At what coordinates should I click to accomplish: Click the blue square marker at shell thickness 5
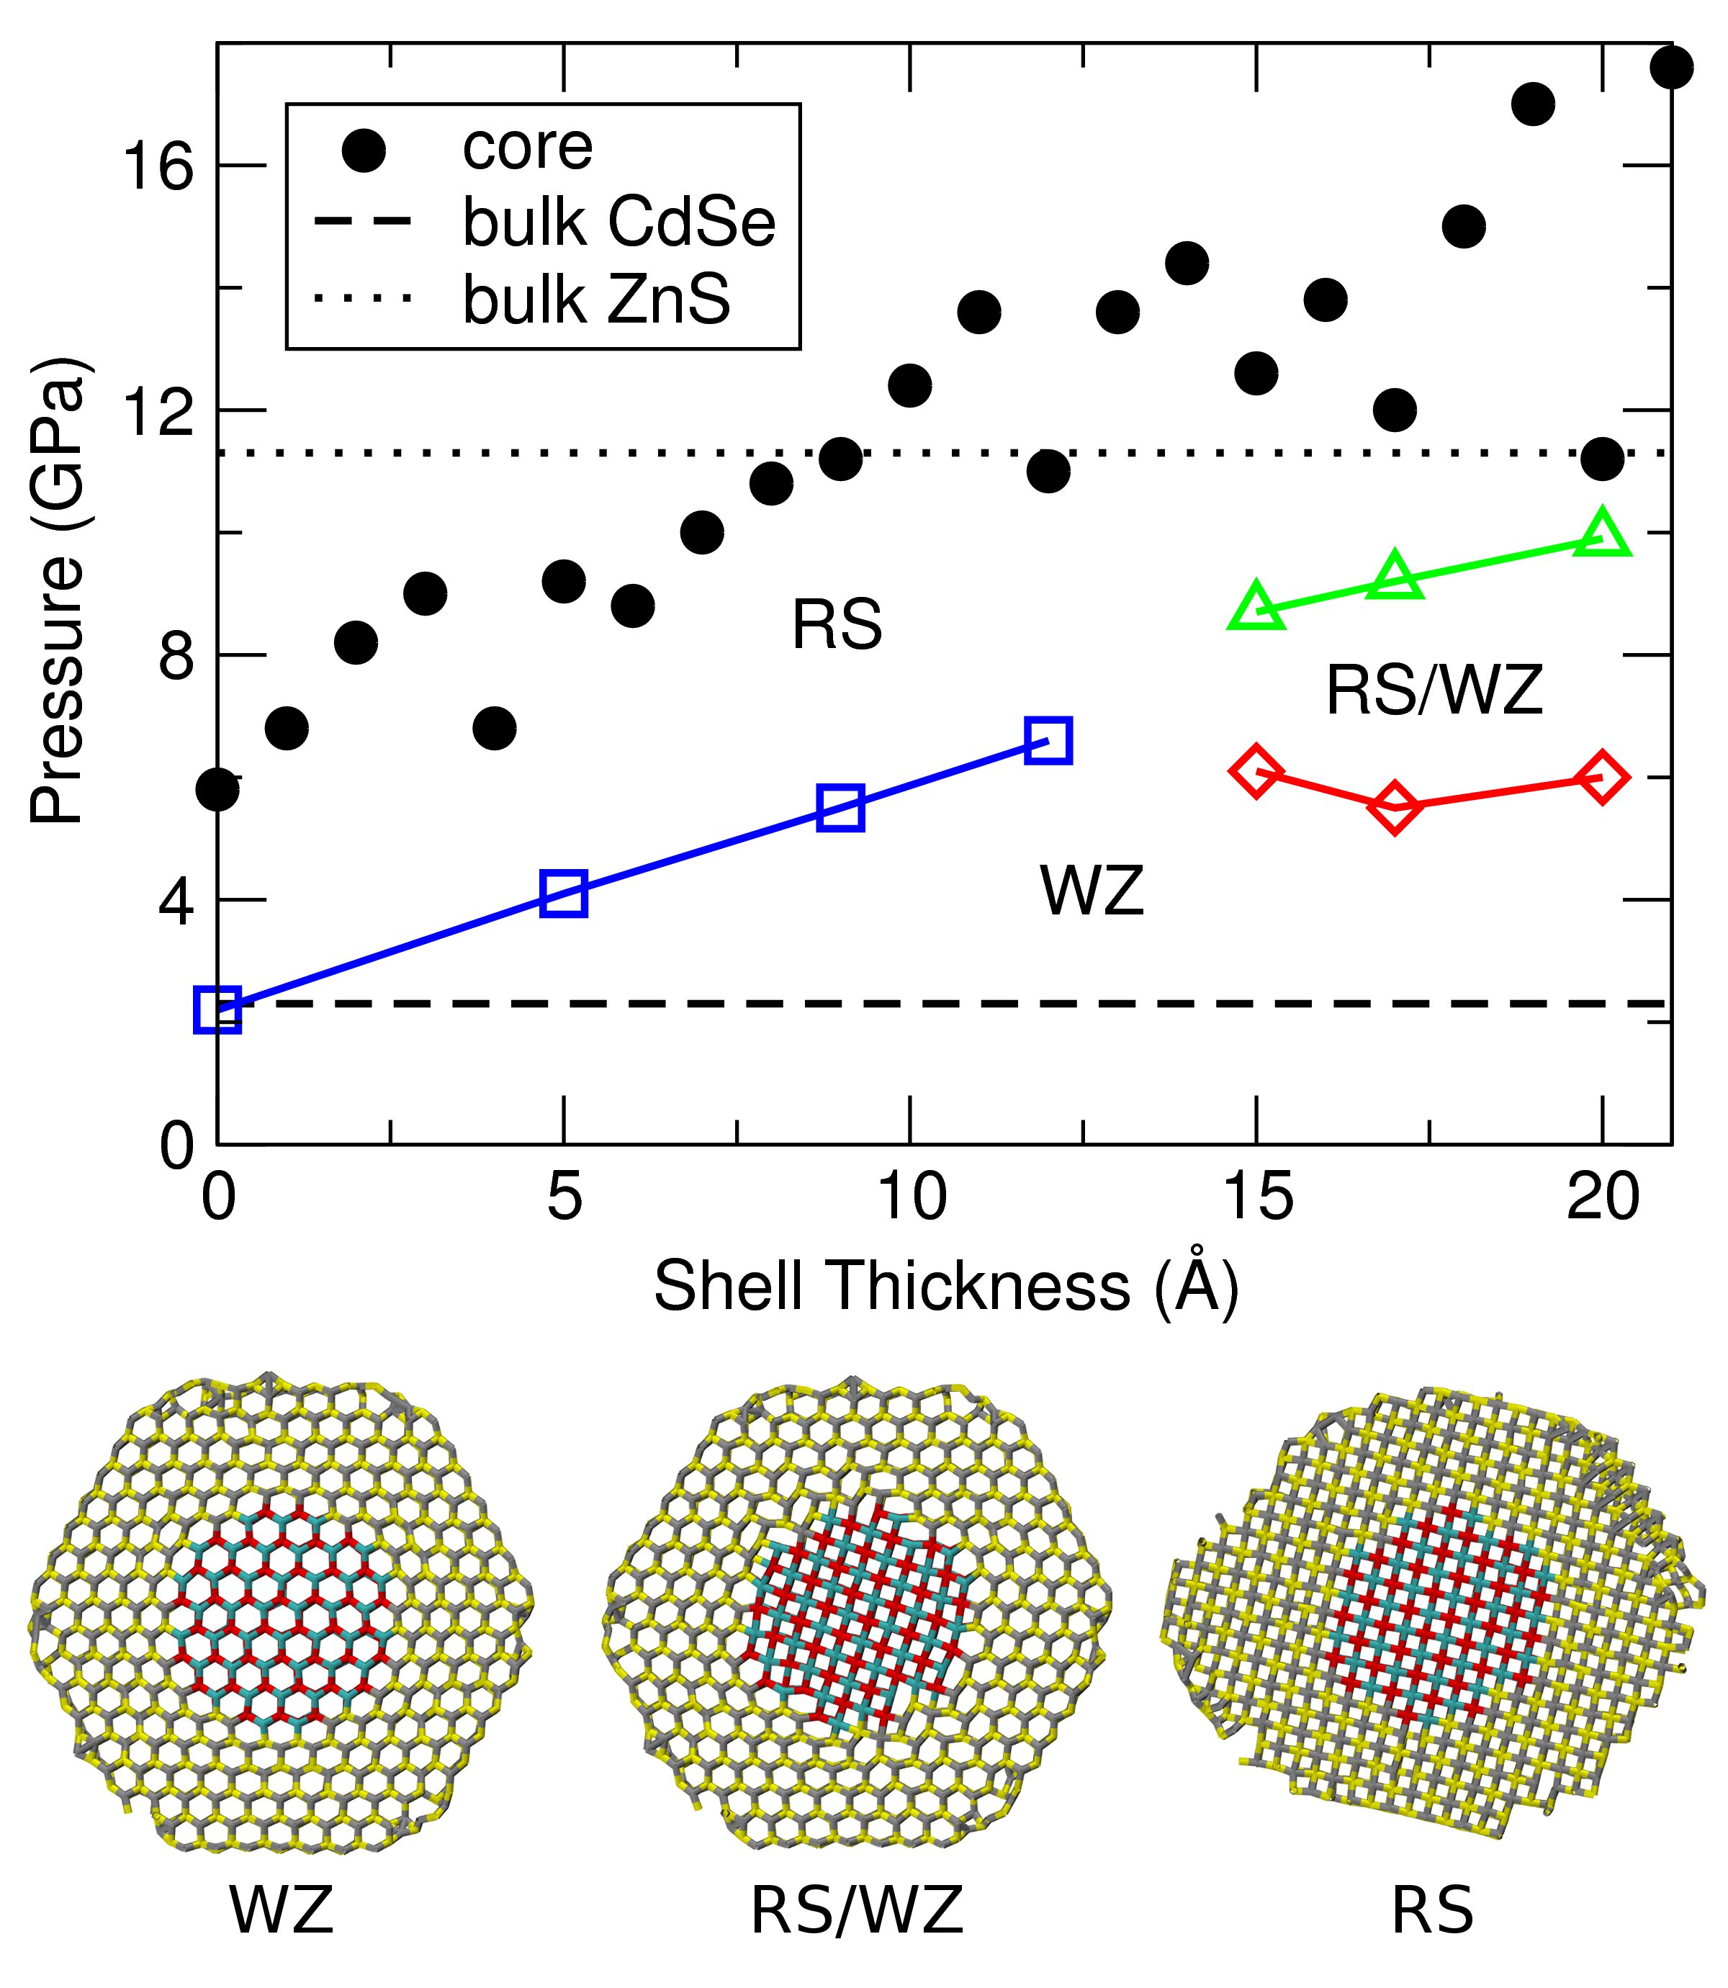pos(564,893)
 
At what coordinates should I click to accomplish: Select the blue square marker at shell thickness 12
pos(1048,740)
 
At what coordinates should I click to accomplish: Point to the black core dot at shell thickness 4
pos(495,727)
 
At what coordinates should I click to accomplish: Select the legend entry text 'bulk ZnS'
pos(596,300)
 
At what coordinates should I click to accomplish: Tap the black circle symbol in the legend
pos(364,150)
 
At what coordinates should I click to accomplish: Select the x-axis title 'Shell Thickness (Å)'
pos(945,1286)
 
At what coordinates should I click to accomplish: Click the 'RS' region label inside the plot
pos(836,625)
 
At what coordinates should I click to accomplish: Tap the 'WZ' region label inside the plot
pos(1092,891)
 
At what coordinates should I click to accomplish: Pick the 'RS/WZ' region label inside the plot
pos(1434,691)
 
